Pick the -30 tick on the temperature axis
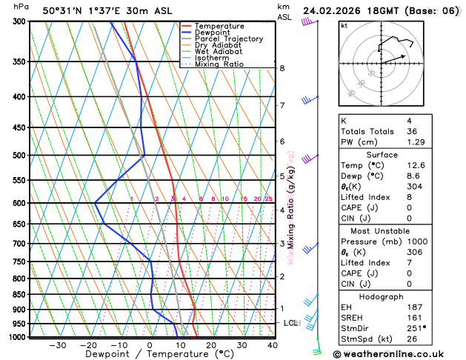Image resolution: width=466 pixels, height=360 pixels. tap(57, 345)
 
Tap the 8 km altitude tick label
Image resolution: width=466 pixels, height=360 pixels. tap(282, 68)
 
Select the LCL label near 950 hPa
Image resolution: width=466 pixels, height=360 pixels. tap(290, 323)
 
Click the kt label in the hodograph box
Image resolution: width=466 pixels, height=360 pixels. tap(344, 25)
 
